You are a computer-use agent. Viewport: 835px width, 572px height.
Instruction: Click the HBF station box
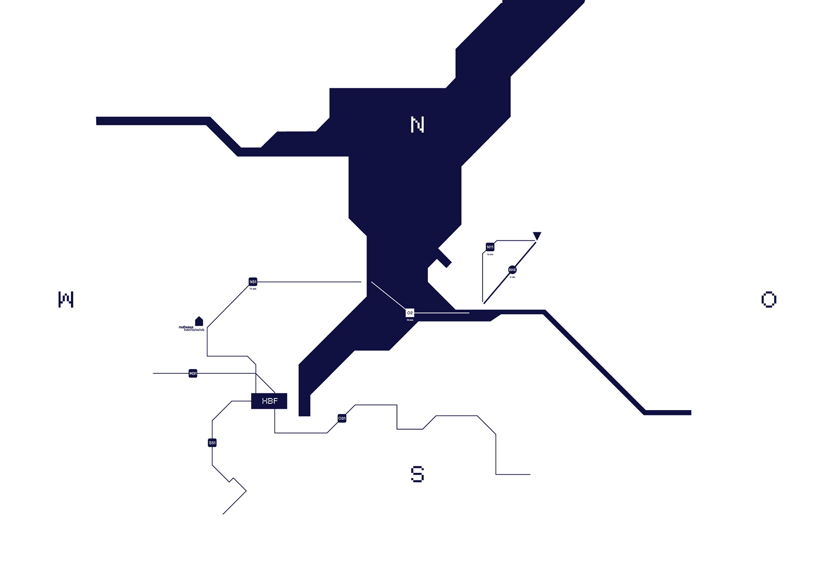269,401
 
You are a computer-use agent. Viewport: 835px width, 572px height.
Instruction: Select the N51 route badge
253,282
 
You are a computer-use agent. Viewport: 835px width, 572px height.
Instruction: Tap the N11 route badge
490,247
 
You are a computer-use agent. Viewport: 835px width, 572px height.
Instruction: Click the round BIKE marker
512,270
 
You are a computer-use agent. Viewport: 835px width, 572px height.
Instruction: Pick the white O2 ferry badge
410,313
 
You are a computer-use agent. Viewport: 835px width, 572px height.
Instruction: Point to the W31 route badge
193,374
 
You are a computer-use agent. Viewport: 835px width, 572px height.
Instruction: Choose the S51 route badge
212,443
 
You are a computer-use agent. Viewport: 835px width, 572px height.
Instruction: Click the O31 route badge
342,418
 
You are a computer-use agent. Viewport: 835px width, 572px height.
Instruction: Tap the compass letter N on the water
417,125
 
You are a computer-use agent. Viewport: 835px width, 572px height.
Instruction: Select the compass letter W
66,300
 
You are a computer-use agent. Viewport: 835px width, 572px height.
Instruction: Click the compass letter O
768,300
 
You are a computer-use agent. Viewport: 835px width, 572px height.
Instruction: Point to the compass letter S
417,474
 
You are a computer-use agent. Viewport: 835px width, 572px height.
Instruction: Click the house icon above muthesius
199,321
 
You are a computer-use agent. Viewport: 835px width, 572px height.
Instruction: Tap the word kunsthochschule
194,330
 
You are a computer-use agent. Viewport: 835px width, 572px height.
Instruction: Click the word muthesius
186,327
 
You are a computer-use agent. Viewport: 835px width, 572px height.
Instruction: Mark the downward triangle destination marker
537,236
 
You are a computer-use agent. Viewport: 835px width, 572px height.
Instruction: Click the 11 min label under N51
253,289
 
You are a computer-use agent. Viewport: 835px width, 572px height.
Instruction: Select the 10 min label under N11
490,254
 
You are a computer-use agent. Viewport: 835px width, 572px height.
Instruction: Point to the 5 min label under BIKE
512,277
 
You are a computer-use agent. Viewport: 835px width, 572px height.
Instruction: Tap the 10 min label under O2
410,320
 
